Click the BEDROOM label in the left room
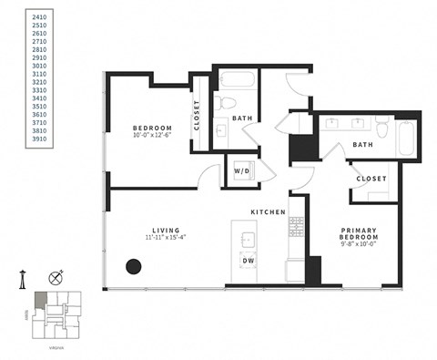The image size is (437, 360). point(147,128)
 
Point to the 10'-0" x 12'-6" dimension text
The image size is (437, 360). point(147,137)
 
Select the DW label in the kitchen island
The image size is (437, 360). point(248,262)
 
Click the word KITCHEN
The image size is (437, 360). point(269,212)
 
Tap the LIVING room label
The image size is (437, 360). point(166,230)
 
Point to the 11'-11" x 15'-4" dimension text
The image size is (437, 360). point(166,239)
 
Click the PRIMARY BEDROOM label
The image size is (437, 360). point(361,235)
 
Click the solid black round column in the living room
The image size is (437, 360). point(133,267)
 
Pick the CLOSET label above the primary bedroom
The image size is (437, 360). point(371,179)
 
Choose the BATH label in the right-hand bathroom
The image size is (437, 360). point(362,144)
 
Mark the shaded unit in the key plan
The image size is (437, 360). point(40,301)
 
